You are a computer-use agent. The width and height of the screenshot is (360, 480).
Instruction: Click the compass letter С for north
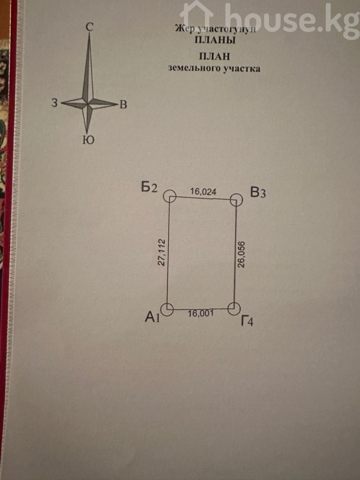click(89, 27)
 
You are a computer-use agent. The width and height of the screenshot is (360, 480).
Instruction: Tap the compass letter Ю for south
click(88, 140)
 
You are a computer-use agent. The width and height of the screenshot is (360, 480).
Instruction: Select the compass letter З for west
click(54, 102)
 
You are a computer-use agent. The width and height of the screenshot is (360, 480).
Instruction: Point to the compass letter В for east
click(123, 105)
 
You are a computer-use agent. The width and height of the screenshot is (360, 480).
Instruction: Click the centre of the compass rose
click(88, 103)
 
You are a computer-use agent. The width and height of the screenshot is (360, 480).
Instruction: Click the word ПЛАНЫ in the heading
click(215, 40)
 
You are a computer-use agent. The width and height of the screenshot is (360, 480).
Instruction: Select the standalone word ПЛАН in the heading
click(214, 57)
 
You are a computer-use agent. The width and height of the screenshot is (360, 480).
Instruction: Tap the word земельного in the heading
click(194, 68)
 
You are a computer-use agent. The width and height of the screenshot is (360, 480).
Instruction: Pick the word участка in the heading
click(242, 69)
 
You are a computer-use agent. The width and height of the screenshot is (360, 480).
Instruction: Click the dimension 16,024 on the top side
click(203, 191)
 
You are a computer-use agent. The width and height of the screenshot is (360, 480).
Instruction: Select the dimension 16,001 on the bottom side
click(201, 314)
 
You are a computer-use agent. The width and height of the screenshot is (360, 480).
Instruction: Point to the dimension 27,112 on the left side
click(162, 252)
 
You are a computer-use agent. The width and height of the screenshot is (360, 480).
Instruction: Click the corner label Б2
click(149, 187)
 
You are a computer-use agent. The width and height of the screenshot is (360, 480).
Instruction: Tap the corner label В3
click(258, 193)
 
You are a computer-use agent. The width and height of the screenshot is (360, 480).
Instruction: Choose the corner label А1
click(153, 317)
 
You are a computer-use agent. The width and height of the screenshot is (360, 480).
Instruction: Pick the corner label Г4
click(247, 321)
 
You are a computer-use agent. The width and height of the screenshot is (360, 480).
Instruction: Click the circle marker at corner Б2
click(170, 196)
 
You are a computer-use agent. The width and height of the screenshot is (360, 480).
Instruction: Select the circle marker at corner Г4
click(234, 309)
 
